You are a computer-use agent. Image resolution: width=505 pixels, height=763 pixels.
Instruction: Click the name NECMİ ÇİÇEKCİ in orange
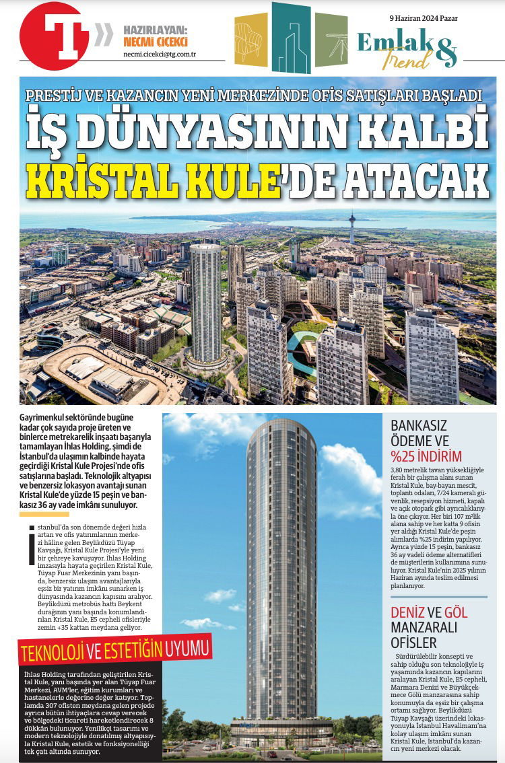pyautogui.click(x=156, y=42)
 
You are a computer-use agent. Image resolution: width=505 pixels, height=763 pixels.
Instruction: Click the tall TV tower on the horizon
pyautogui.click(x=351, y=228)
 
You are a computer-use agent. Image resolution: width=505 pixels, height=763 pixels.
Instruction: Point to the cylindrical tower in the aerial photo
pyautogui.click(x=205, y=303)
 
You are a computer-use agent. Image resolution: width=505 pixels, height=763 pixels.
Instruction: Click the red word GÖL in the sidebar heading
pyautogui.click(x=454, y=612)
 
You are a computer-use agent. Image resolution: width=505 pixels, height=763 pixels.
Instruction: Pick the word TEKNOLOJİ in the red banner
pyautogui.click(x=53, y=652)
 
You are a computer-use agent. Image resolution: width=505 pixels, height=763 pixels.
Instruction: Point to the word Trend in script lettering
pyautogui.click(x=406, y=59)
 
